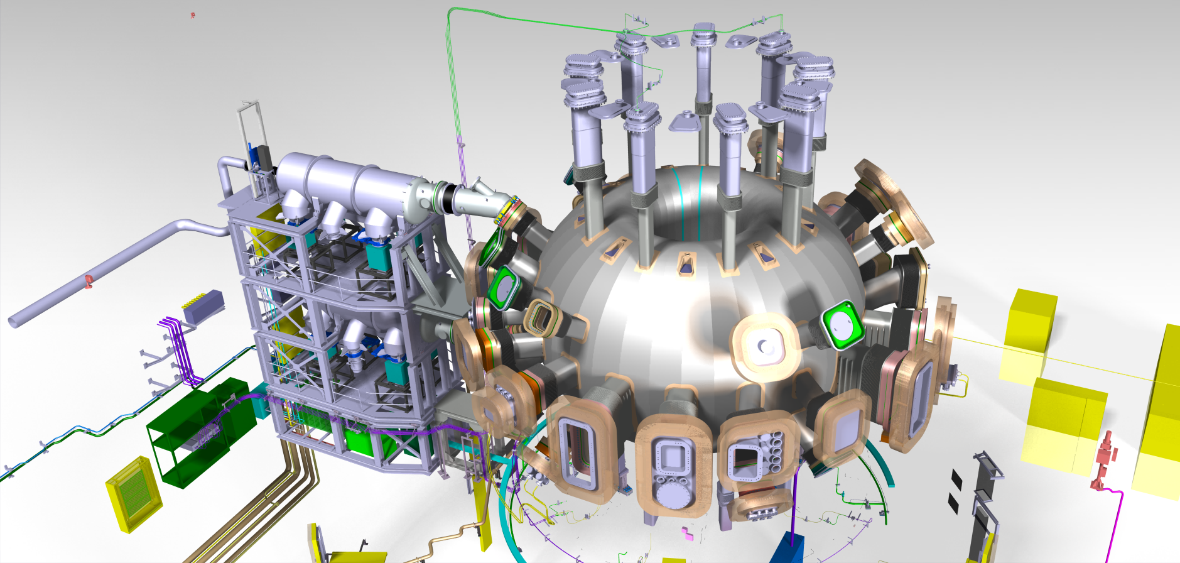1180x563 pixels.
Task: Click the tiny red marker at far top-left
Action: point(193,14)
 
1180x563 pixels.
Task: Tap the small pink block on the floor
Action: point(688,534)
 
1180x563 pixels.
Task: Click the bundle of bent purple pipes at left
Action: point(179,349)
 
